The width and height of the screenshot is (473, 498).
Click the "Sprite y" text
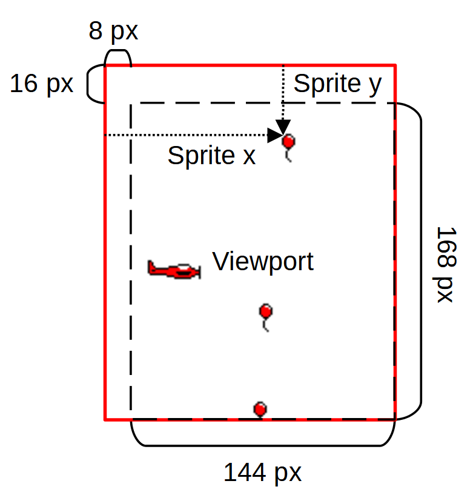pos(337,84)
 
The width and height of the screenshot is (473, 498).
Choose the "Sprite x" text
pos(211,156)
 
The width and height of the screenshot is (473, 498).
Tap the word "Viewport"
pos(263,261)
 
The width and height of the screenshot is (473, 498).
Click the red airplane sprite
pos(174,270)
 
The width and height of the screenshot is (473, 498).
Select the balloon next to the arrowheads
pos(289,142)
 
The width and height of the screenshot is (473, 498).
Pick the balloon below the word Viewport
pos(265,312)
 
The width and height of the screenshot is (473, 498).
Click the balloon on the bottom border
pos(260,409)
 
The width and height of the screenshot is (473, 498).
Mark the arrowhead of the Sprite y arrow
pos(283,127)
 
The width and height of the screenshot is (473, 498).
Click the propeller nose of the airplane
pos(198,272)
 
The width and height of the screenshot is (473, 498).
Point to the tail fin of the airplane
pos(151,266)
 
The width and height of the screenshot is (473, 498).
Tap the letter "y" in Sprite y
pos(375,85)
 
